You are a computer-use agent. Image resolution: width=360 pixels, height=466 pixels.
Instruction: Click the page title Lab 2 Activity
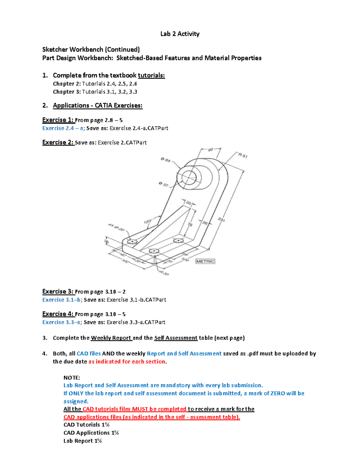pyautogui.click(x=180, y=34)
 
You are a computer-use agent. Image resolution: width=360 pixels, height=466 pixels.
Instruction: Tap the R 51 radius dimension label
pyautogui.click(x=243, y=155)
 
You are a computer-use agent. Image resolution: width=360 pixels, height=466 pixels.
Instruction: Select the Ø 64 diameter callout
pyautogui.click(x=165, y=160)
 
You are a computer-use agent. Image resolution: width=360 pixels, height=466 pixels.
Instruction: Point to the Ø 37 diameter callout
pyautogui.click(x=163, y=184)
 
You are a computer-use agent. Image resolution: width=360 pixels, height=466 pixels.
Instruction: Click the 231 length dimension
pyautogui.click(x=221, y=220)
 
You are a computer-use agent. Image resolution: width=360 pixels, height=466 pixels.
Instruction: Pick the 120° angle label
pyautogui.click(x=147, y=222)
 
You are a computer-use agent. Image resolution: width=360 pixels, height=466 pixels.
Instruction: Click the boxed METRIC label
pyautogui.click(x=205, y=261)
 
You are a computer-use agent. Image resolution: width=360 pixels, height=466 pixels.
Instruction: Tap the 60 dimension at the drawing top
pyautogui.click(x=211, y=149)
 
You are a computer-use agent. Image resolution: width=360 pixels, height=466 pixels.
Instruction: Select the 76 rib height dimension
pyautogui.click(x=190, y=224)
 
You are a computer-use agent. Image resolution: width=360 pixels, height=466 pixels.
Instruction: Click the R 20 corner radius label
pyautogui.click(x=164, y=273)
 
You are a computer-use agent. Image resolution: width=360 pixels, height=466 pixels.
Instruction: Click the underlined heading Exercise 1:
pyautogui.click(x=58, y=120)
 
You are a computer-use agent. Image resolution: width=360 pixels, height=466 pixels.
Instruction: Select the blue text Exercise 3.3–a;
pyautogui.click(x=62, y=322)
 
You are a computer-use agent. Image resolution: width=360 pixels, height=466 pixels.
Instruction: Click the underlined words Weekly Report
pyautogui.click(x=111, y=338)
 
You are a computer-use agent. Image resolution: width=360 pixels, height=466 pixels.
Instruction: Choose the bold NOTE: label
pyautogui.click(x=72, y=377)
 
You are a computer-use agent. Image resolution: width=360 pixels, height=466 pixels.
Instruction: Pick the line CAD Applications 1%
pyautogui.click(x=91, y=433)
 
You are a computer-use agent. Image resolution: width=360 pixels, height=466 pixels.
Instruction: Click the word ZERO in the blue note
pyautogui.click(x=277, y=393)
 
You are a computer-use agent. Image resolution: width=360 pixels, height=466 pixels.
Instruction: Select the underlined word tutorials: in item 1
pyautogui.click(x=151, y=75)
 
